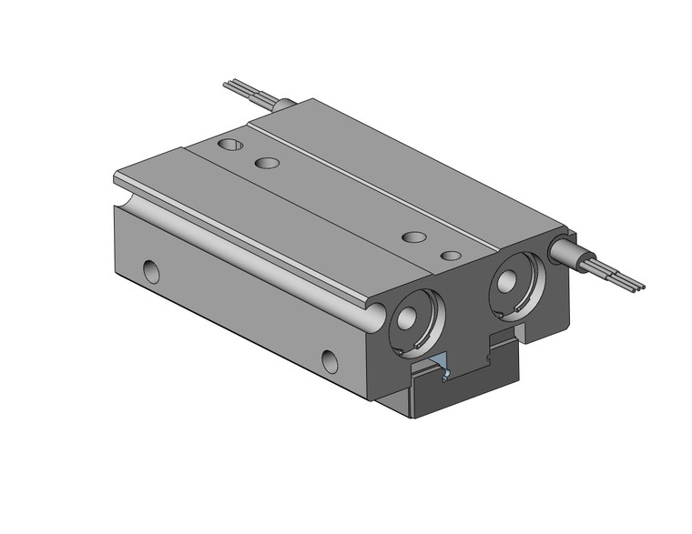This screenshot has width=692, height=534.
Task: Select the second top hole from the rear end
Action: (267, 164)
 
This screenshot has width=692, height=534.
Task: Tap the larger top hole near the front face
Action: (414, 237)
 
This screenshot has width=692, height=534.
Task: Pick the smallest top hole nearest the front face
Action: (450, 255)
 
